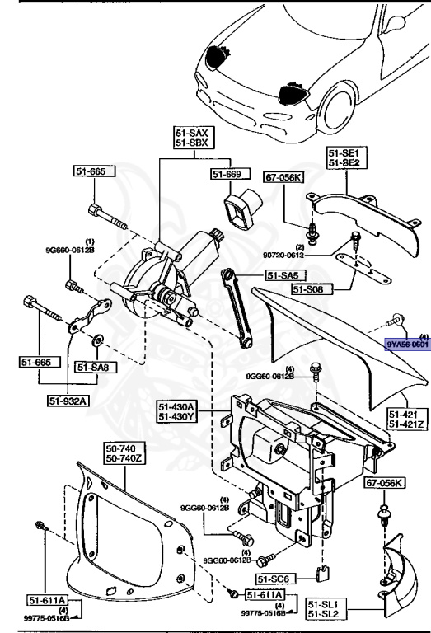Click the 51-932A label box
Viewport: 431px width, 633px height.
click(x=68, y=401)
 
